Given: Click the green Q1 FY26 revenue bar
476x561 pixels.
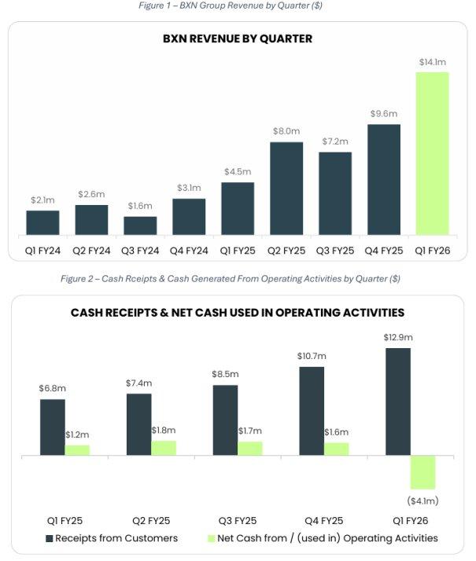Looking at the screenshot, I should click(x=432, y=153).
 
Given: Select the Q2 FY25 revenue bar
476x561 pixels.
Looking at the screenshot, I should click(x=286, y=189).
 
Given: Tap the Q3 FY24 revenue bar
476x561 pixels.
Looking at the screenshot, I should click(x=140, y=225).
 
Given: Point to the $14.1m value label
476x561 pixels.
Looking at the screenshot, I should click(x=432, y=61).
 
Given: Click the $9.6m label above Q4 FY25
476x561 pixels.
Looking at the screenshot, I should click(x=384, y=114).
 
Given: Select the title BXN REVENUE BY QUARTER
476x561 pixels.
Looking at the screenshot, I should click(x=238, y=38).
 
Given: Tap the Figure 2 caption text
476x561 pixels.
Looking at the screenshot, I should click(x=231, y=278).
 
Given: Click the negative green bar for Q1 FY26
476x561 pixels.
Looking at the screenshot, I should click(x=422, y=472).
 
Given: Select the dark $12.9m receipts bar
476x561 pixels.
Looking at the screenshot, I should click(x=398, y=401).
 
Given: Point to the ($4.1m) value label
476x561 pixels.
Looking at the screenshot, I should click(x=422, y=500).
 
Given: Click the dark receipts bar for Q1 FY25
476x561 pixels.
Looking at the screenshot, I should click(x=53, y=427).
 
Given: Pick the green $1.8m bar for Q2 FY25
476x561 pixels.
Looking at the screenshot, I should click(x=164, y=447).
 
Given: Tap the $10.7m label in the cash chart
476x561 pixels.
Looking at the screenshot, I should click(x=312, y=356).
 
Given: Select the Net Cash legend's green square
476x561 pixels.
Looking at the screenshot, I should click(x=210, y=539).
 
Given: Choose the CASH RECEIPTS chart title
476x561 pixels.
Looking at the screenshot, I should click(x=238, y=313).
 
